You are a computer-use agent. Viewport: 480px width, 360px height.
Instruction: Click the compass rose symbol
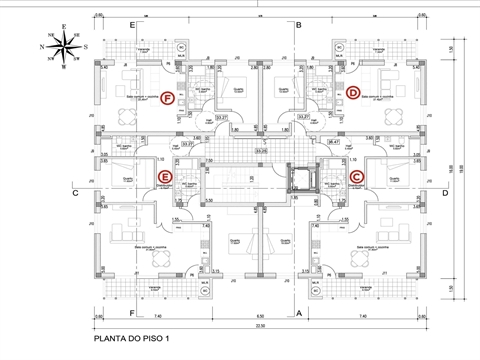click(62, 44)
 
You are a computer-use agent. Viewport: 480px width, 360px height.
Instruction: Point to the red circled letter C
click(357, 178)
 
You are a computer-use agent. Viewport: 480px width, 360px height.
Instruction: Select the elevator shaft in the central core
click(298, 179)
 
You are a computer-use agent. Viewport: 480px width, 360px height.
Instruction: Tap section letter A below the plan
click(299, 313)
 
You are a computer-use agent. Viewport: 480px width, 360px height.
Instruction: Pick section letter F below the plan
click(132, 313)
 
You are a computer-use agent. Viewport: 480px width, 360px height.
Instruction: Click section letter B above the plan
click(299, 23)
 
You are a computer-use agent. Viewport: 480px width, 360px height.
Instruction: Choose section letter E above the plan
click(132, 23)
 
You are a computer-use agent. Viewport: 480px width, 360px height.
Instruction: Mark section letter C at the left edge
click(74, 194)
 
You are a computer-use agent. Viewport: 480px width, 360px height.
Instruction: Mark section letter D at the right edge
click(443, 194)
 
